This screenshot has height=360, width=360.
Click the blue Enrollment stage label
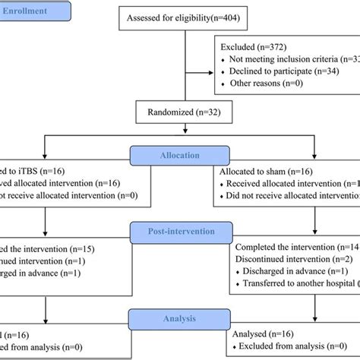[34, 12]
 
